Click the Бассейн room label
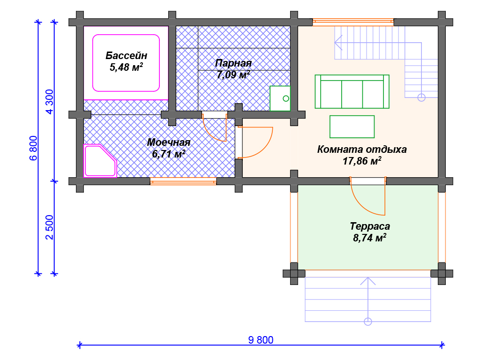[x=127, y=55]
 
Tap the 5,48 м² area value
[x=127, y=67]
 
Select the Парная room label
[x=233, y=63]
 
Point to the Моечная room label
[x=169, y=142]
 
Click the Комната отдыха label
[x=362, y=149]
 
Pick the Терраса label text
[x=370, y=226]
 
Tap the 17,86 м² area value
[x=362, y=161]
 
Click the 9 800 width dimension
[x=261, y=340]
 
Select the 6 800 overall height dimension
[x=33, y=148]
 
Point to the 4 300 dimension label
[x=50, y=102]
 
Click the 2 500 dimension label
[x=50, y=227]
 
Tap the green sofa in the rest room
[x=352, y=91]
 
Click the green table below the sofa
[x=352, y=127]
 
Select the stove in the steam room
[x=280, y=98]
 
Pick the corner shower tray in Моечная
[x=100, y=161]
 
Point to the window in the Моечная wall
[x=183, y=181]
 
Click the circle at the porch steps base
[x=368, y=322]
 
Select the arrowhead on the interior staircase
[x=338, y=43]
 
